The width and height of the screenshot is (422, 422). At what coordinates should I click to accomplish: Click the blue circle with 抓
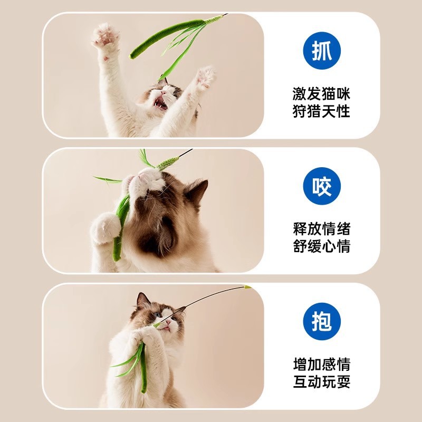pos(322,51)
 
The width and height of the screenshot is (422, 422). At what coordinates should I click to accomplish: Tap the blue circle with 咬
pos(322,186)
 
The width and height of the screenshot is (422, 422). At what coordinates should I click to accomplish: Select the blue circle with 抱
pos(322,321)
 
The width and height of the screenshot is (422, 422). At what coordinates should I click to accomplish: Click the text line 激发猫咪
pos(321,94)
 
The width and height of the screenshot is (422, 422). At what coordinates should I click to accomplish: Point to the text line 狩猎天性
pos(321,111)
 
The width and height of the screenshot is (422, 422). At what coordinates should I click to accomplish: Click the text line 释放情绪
pos(321,229)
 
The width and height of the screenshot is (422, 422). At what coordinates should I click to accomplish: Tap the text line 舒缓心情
pos(321,246)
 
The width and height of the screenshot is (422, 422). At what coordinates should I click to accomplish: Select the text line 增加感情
pos(321,364)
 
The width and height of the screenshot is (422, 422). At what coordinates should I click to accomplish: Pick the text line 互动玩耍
pos(321,381)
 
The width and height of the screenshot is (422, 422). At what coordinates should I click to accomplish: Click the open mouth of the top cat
pos(160,103)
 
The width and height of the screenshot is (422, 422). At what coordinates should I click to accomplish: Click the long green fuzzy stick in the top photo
pos(166,37)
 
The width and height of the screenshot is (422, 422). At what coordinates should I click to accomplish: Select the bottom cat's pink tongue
pos(166,328)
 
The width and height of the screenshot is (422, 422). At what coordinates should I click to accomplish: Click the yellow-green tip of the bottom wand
pos(246,287)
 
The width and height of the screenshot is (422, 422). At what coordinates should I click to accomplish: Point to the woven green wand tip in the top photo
pos(214,20)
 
